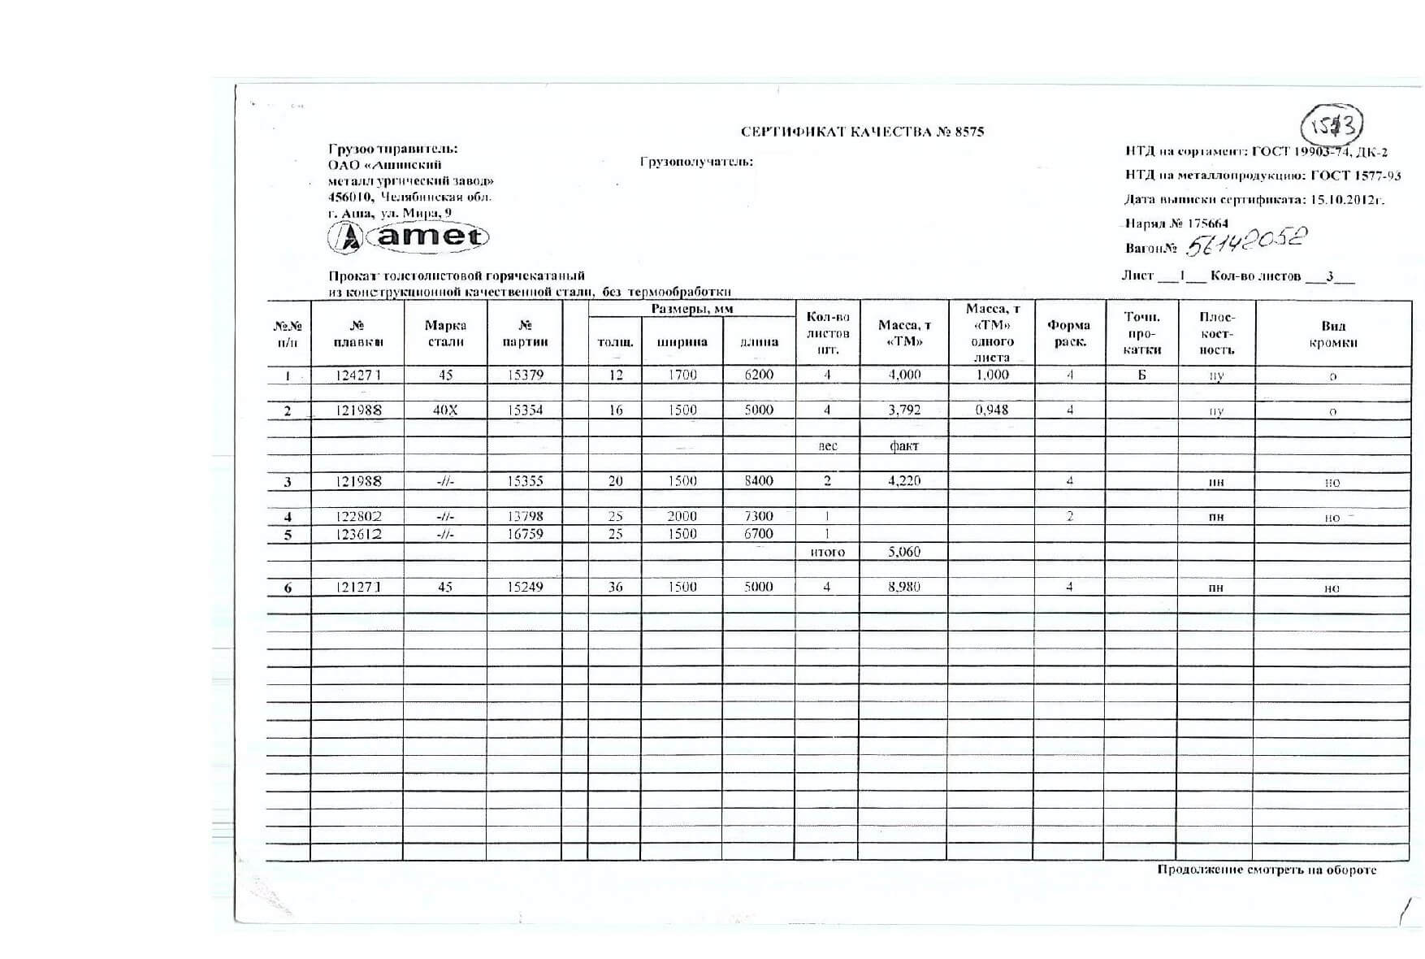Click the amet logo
408,236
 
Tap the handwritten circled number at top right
1332,126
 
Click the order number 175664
1208,223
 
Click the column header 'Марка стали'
445,333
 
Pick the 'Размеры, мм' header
691,310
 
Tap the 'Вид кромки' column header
1333,334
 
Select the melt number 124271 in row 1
358,375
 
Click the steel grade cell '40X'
445,410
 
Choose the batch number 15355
525,481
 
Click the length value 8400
759,481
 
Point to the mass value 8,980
904,587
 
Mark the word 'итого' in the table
827,553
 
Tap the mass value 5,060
904,552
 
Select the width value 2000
682,516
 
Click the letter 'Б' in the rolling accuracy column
1141,375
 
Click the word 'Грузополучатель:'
696,162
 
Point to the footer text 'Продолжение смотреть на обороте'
1267,870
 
